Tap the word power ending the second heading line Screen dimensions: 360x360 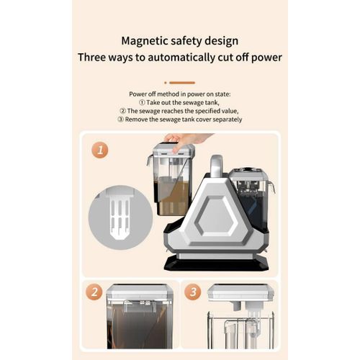tap(266, 58)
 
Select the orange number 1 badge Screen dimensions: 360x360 tap(100, 150)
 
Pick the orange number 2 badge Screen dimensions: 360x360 tap(94, 292)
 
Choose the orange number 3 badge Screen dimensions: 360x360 tap(193, 292)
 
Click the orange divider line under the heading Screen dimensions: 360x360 tap(182, 83)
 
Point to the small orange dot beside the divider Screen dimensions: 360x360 tap(166, 83)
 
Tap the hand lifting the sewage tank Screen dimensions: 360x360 tap(186, 141)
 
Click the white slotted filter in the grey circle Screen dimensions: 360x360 tap(120, 213)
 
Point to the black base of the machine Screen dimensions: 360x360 tap(216, 264)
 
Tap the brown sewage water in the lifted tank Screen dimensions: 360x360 tap(174, 196)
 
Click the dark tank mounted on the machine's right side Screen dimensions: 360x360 tap(251, 199)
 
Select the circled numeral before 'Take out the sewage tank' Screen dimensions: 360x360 tap(142, 102)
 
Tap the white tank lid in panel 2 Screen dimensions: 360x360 tap(140, 292)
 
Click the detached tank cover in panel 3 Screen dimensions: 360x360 tap(241, 293)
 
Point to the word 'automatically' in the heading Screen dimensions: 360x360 tap(181, 58)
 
